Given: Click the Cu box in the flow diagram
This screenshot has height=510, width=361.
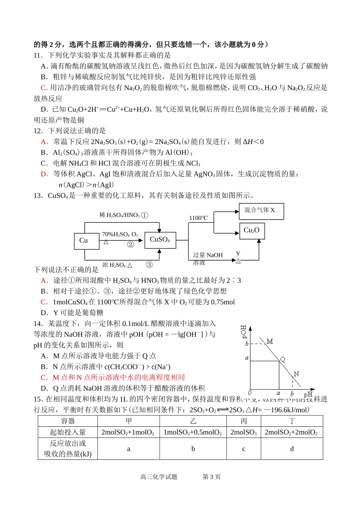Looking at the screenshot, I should click(x=86, y=241).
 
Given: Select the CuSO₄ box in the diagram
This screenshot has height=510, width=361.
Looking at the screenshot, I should click(x=160, y=240).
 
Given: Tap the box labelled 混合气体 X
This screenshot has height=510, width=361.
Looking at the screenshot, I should click(x=261, y=211).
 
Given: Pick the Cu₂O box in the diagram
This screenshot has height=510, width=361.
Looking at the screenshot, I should click(x=252, y=231).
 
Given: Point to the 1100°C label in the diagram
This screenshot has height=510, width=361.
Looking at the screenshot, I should click(x=198, y=218).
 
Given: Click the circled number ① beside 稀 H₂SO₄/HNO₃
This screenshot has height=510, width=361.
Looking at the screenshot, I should click(x=144, y=215).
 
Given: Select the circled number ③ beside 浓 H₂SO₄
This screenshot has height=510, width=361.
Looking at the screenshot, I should click(x=149, y=265).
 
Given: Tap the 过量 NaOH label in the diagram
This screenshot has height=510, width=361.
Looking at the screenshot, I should click(x=207, y=255).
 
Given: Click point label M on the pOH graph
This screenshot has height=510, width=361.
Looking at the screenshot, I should click(x=270, y=341).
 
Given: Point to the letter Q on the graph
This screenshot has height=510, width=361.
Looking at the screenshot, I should click(x=283, y=360).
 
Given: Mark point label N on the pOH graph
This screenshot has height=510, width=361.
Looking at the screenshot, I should click(x=296, y=374).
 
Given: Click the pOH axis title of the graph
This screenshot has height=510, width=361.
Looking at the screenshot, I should click(x=244, y=332).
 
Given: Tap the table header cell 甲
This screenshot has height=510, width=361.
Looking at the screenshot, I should click(x=128, y=421).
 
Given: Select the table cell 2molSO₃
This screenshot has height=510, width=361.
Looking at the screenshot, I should click(x=244, y=432).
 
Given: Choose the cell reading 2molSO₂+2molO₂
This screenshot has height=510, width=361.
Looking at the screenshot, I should click(x=291, y=432).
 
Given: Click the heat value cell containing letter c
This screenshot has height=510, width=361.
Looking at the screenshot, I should click(x=244, y=449).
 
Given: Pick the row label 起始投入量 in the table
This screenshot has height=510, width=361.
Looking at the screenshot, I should click(x=68, y=432).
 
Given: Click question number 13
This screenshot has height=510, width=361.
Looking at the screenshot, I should click(x=38, y=195).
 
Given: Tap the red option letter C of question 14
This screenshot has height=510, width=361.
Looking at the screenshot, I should click(x=44, y=377).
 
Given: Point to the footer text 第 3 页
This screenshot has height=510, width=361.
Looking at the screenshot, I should click(x=211, y=477).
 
